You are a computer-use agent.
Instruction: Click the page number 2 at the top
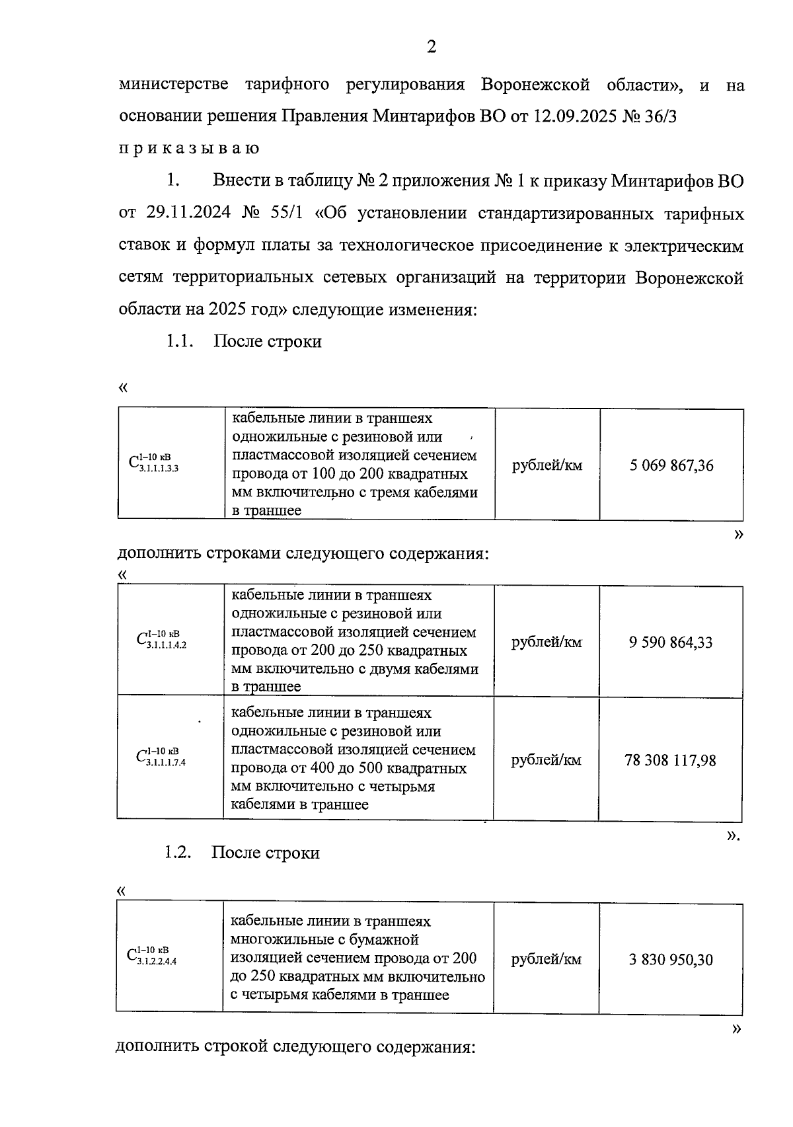[x=432, y=47]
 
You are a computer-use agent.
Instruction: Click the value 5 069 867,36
[x=671, y=465]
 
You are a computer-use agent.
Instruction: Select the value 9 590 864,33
[x=671, y=642]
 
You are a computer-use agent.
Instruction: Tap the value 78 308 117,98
[x=670, y=760]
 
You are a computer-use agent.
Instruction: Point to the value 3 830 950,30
[x=671, y=960]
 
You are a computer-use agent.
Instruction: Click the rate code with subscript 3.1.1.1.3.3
[x=153, y=463]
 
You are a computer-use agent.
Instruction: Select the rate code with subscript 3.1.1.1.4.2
[x=161, y=640]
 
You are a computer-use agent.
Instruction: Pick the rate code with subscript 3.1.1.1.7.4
[x=161, y=758]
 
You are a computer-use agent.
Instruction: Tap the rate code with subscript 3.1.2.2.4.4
[x=151, y=956]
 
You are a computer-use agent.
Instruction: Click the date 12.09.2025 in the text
[x=574, y=118]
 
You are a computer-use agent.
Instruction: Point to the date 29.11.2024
[x=188, y=214]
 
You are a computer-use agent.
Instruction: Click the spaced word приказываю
[x=189, y=148]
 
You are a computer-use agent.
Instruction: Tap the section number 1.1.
[x=178, y=342]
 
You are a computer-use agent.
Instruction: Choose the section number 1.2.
[x=178, y=853]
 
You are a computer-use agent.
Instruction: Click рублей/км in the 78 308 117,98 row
[x=547, y=760]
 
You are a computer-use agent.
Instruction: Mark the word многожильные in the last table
[x=278, y=939]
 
